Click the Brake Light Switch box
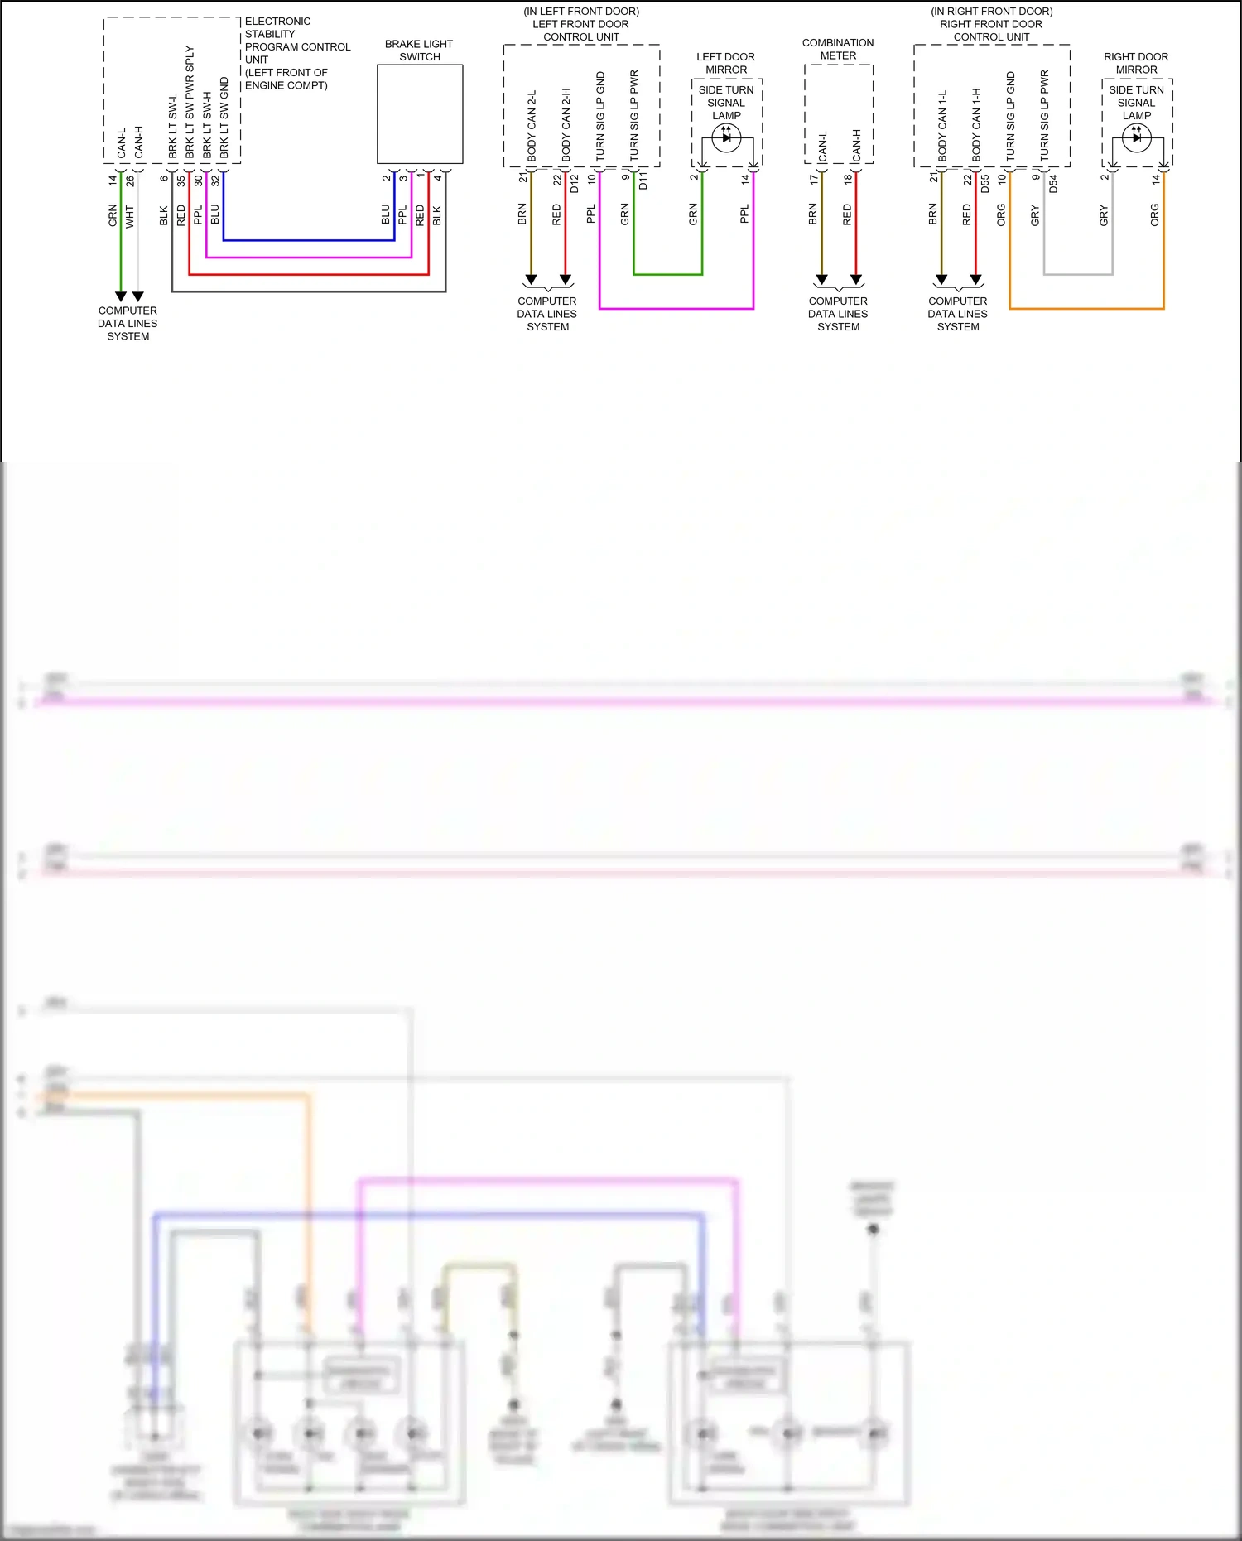[x=420, y=114]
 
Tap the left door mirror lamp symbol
[x=726, y=138]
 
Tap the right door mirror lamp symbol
[x=1136, y=138]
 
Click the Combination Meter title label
[x=838, y=50]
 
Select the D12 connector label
[x=575, y=183]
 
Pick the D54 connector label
[x=1053, y=183]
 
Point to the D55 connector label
[x=985, y=183]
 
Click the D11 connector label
[x=643, y=181]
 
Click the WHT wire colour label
[x=130, y=217]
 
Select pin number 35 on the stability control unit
[x=181, y=180]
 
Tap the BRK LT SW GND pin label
[x=224, y=118]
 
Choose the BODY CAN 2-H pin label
[x=566, y=124]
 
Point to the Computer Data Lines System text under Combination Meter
[x=838, y=314]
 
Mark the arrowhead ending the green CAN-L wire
[x=121, y=296]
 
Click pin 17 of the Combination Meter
[x=813, y=179]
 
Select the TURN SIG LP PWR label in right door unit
[x=1044, y=115]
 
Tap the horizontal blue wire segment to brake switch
[x=308, y=241]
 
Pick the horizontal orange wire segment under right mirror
[x=1086, y=309]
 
